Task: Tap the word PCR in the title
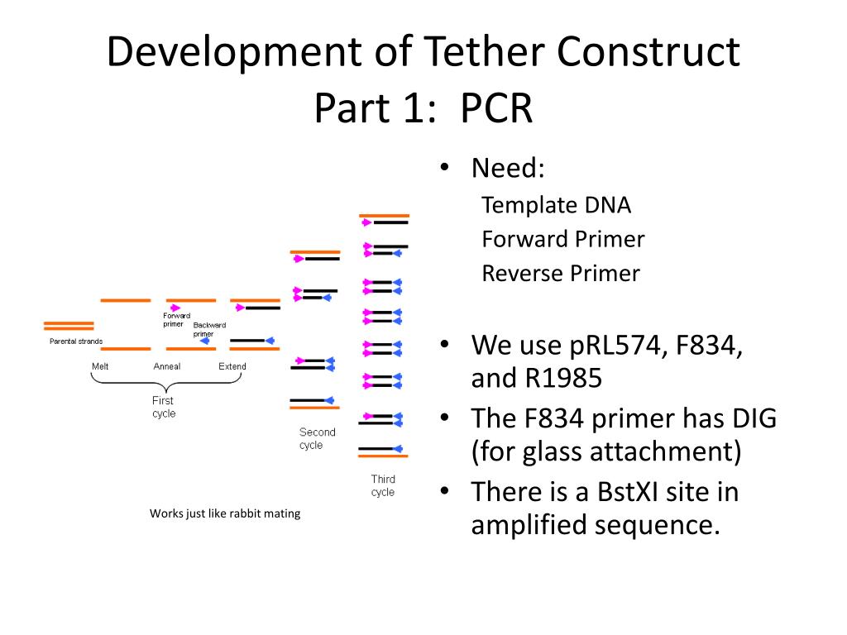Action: pyautogui.click(x=496, y=108)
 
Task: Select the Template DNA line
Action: pyautogui.click(x=556, y=205)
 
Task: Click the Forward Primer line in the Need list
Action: pyautogui.click(x=562, y=239)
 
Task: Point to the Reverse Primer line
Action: pyautogui.click(x=561, y=274)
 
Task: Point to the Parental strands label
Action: pyautogui.click(x=76, y=341)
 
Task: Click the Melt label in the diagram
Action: pyautogui.click(x=100, y=366)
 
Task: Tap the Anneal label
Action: pyautogui.click(x=167, y=366)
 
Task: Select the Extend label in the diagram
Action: pyautogui.click(x=232, y=366)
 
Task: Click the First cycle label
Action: pyautogui.click(x=164, y=407)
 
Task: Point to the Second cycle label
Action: pyautogui.click(x=317, y=438)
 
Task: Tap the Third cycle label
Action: pyautogui.click(x=383, y=485)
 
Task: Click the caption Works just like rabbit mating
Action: pyautogui.click(x=225, y=513)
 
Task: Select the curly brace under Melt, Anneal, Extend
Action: pyautogui.click(x=166, y=384)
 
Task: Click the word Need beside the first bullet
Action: pyautogui.click(x=508, y=168)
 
